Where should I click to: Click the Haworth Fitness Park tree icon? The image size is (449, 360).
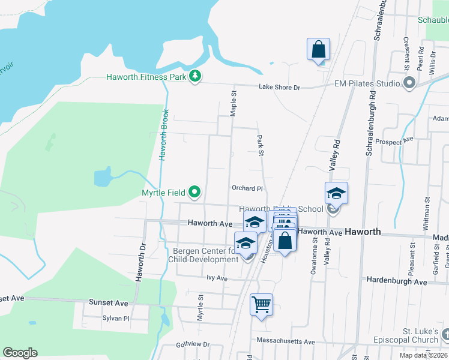point(194,76)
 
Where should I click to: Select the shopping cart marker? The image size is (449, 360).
point(261,304)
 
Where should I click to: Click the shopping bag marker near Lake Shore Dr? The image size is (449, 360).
point(318,50)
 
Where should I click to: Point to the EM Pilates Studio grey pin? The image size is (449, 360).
point(410,83)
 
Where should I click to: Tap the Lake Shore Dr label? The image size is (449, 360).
point(279,88)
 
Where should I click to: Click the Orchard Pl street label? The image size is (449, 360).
point(247,188)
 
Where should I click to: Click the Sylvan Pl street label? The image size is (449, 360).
point(116,319)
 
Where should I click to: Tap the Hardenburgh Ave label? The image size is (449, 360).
point(396,281)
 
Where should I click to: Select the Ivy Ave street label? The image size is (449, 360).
point(217,278)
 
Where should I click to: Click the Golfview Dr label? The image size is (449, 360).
point(193,344)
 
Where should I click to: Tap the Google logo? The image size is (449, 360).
point(20,353)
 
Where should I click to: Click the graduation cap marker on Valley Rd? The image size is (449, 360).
point(336,193)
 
